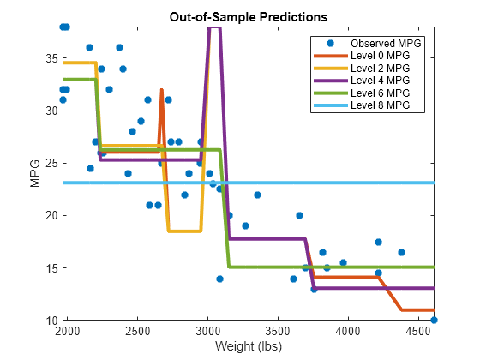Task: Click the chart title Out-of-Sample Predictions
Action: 249,17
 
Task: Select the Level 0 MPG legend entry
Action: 362,56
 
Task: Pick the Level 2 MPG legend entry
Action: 362,69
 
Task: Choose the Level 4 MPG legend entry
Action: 362,81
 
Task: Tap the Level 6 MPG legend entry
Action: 362,93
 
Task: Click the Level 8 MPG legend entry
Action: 362,105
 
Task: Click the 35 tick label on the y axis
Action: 51,58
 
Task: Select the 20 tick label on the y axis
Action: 51,215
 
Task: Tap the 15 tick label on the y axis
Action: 51,268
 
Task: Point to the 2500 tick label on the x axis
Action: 137,331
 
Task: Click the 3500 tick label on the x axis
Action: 278,331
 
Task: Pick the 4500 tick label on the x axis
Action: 418,331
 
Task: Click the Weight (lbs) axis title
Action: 249,346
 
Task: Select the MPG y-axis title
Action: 35,173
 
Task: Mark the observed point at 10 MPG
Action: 434,321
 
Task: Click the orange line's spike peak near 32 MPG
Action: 162,90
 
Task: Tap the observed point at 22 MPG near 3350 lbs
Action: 257,195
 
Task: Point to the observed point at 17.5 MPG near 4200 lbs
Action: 378,242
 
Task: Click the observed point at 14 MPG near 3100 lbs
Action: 219,279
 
